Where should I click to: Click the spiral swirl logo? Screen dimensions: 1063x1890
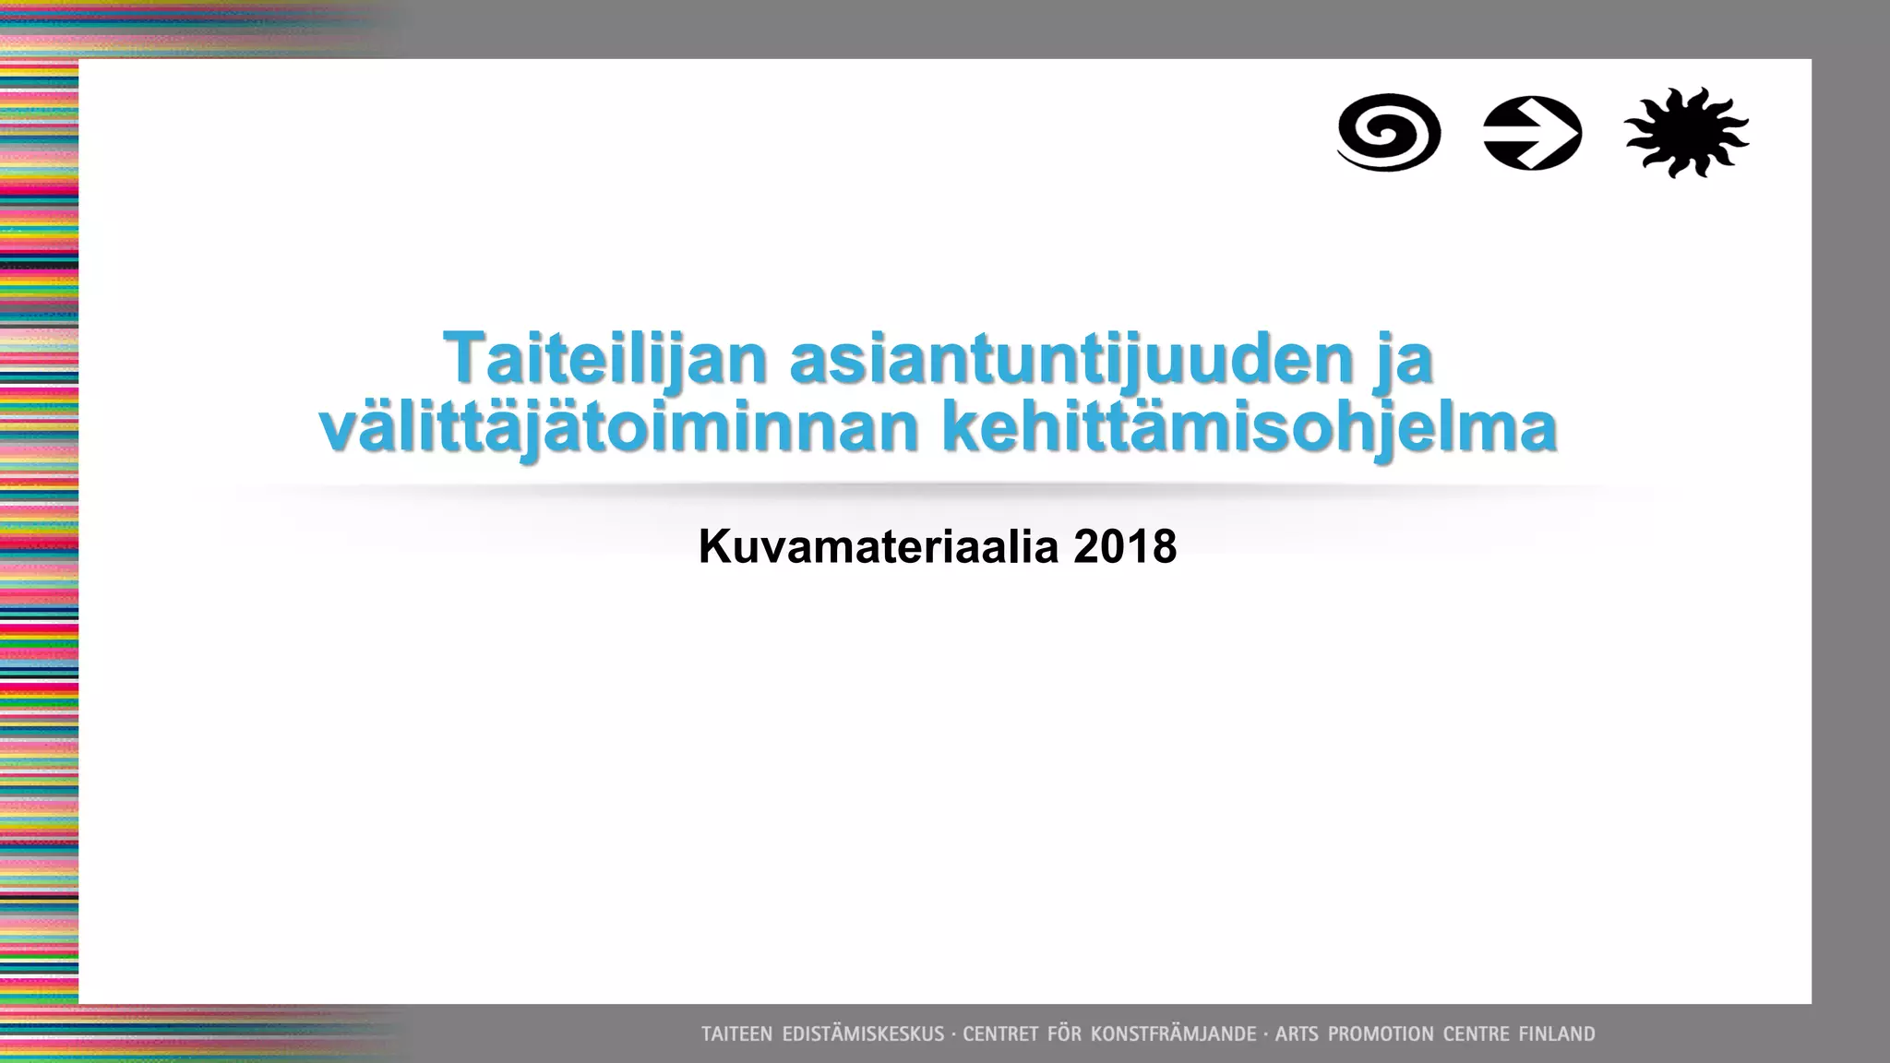1389,133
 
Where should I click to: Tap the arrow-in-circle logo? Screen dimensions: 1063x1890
1533,133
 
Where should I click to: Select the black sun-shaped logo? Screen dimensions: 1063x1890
1686,133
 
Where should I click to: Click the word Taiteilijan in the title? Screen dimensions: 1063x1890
605,358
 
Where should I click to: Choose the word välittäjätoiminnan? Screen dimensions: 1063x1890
618,428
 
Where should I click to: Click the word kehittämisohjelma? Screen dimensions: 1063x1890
1250,428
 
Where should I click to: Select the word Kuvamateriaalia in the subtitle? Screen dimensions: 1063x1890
878,546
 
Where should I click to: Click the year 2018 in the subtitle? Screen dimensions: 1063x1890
1125,546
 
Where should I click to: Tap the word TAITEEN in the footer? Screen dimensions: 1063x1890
736,1034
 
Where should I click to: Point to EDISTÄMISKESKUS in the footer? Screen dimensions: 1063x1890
863,1034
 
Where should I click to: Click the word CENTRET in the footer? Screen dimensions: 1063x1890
999,1034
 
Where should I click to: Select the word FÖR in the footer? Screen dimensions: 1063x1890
1063,1034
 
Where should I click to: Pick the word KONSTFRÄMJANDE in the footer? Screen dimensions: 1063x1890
1173,1034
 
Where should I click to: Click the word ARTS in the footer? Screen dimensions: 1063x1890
1297,1034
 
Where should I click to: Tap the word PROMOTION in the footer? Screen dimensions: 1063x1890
1380,1034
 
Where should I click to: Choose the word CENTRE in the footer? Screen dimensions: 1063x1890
1476,1034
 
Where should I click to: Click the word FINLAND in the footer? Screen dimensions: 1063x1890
1557,1034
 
